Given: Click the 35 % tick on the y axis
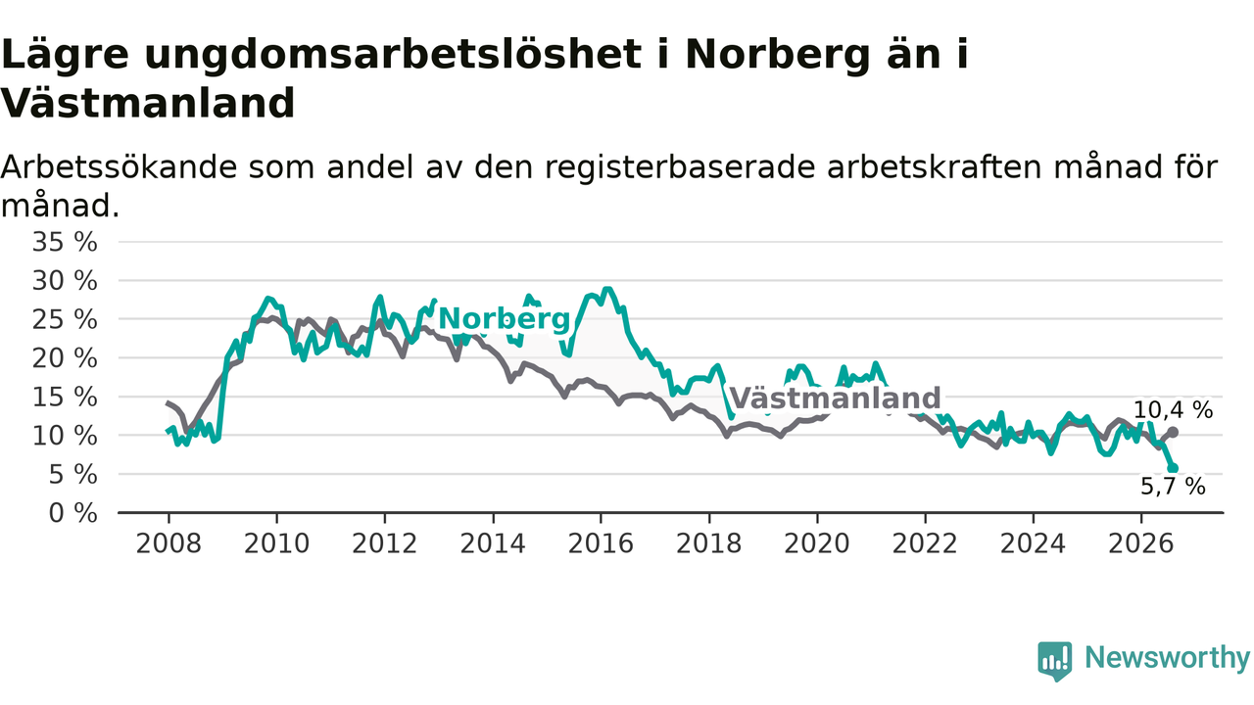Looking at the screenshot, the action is [x=65, y=242].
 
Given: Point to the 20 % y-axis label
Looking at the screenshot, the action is [x=65, y=358].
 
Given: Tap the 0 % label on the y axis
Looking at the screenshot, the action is [x=72, y=513].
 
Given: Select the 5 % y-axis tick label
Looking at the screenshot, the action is [x=72, y=475].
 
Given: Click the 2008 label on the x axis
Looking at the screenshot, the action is [x=169, y=543].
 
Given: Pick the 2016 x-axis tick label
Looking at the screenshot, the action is [x=601, y=543].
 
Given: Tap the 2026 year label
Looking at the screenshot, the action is [x=1141, y=543].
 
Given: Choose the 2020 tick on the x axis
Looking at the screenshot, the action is [x=817, y=543].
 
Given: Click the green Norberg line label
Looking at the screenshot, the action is [x=505, y=319].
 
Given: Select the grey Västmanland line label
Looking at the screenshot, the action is [x=836, y=399].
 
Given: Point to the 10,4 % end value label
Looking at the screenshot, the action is [x=1173, y=410].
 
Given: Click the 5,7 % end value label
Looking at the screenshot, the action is [x=1173, y=487].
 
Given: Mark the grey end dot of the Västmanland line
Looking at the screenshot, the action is [x=1174, y=433].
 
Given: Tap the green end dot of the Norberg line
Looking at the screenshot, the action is [x=1174, y=468].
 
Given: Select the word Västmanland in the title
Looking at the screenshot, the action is [x=148, y=104].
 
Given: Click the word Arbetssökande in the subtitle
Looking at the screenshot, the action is [x=119, y=166].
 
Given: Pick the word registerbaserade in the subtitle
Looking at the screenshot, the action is [x=680, y=167].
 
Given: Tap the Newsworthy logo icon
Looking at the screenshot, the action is [x=1055, y=661].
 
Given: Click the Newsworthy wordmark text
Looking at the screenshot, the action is [x=1167, y=658].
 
